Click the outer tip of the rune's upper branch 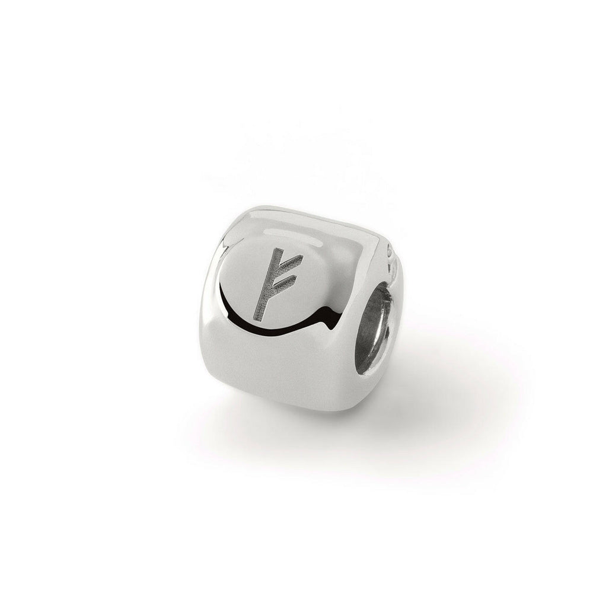[302, 256]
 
